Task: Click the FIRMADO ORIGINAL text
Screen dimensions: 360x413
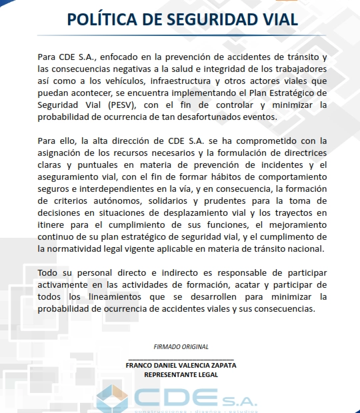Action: click(181, 346)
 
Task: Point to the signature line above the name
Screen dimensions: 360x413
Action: click(181, 360)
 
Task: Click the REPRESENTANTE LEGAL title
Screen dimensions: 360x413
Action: click(181, 374)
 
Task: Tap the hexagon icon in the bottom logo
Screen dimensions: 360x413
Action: click(112, 398)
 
